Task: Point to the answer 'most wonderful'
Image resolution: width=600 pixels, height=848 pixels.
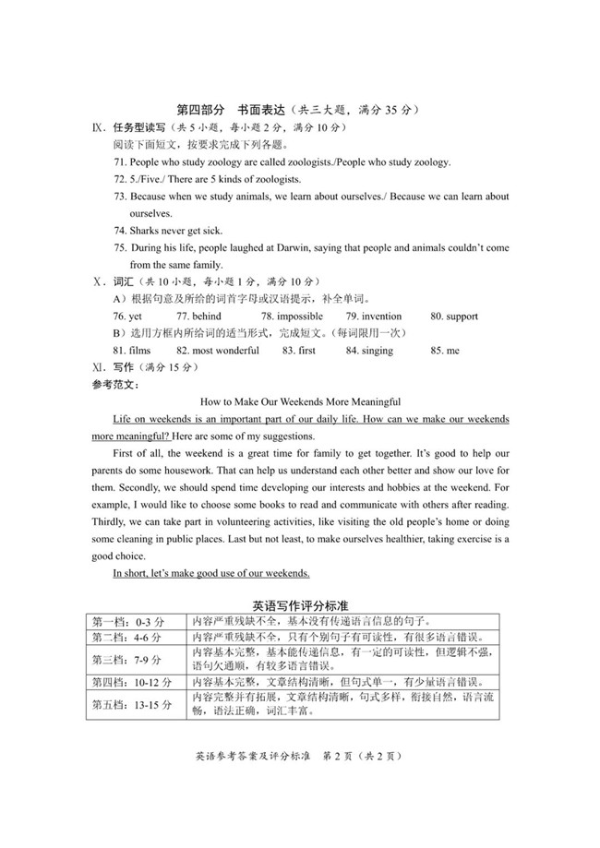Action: click(x=218, y=351)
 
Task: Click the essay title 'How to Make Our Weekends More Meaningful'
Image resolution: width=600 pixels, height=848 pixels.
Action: click(x=300, y=401)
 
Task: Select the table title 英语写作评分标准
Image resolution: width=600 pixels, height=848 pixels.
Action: click(x=300, y=605)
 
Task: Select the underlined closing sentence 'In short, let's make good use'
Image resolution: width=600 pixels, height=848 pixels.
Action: click(x=210, y=574)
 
